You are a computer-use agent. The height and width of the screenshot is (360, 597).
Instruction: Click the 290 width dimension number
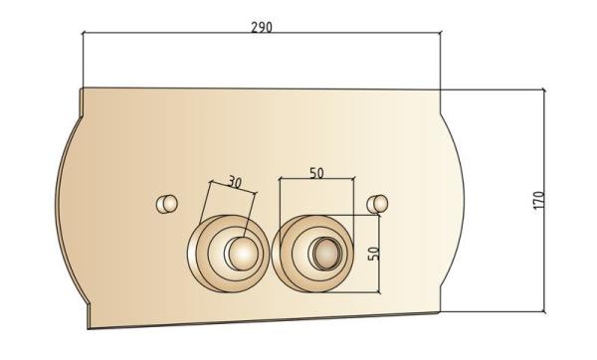click(x=262, y=27)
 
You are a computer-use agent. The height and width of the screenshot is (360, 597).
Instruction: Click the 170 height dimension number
click(x=538, y=200)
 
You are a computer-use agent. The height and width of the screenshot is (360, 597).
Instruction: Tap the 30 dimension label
click(x=235, y=182)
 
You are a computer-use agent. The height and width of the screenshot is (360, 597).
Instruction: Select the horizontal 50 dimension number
click(x=316, y=173)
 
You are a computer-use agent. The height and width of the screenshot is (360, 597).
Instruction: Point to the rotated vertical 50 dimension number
click(x=374, y=254)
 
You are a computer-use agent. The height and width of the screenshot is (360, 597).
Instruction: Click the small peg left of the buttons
click(x=167, y=204)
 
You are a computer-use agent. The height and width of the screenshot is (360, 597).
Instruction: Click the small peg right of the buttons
click(x=377, y=204)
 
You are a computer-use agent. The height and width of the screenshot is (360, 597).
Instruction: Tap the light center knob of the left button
click(x=243, y=253)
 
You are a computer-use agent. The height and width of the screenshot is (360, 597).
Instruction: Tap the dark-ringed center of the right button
click(x=326, y=253)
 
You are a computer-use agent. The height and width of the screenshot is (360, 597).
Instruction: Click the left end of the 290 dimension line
click(x=83, y=33)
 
